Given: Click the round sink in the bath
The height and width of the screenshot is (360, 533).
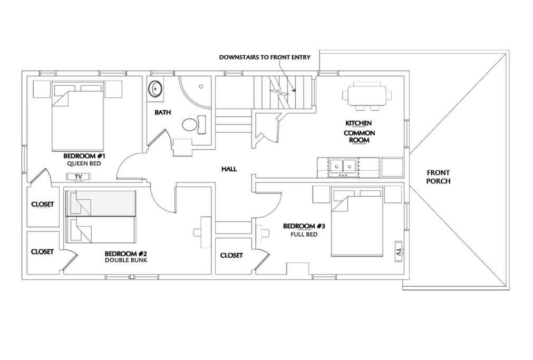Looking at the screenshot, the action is click(x=155, y=89).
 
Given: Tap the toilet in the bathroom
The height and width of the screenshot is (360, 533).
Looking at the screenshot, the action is click(x=194, y=124).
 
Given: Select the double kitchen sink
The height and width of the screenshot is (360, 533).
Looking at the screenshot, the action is click(x=342, y=168).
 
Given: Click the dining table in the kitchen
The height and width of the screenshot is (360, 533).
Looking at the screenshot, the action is click(x=367, y=95).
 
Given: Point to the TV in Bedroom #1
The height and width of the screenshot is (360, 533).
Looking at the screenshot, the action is click(x=78, y=177).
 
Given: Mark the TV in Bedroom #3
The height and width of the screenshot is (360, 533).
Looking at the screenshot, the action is click(x=399, y=251).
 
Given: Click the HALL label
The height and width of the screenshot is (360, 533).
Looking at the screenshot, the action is click(x=229, y=169).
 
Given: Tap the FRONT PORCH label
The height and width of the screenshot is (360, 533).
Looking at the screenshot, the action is click(x=438, y=177).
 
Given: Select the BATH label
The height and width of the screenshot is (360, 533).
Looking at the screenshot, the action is click(x=163, y=112).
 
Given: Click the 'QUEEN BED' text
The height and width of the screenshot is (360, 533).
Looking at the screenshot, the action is click(x=84, y=163).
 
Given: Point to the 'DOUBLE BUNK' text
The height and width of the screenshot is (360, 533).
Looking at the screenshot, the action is click(x=126, y=260).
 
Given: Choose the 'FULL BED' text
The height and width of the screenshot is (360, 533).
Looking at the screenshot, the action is click(x=304, y=234).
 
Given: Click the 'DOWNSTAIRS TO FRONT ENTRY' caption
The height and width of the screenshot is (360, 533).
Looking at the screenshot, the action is click(x=265, y=57).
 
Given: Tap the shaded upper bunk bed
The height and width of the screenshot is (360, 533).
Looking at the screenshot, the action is click(x=101, y=203).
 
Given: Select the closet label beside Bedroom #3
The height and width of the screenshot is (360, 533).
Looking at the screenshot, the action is click(x=231, y=255).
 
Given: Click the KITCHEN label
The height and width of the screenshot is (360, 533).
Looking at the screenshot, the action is click(x=358, y=123).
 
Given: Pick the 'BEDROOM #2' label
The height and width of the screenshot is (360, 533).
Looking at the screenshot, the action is click(x=126, y=254).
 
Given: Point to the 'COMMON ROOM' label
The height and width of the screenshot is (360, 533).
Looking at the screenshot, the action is click(x=360, y=137).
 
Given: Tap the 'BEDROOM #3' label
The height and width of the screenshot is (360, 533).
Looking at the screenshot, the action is click(x=304, y=226).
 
